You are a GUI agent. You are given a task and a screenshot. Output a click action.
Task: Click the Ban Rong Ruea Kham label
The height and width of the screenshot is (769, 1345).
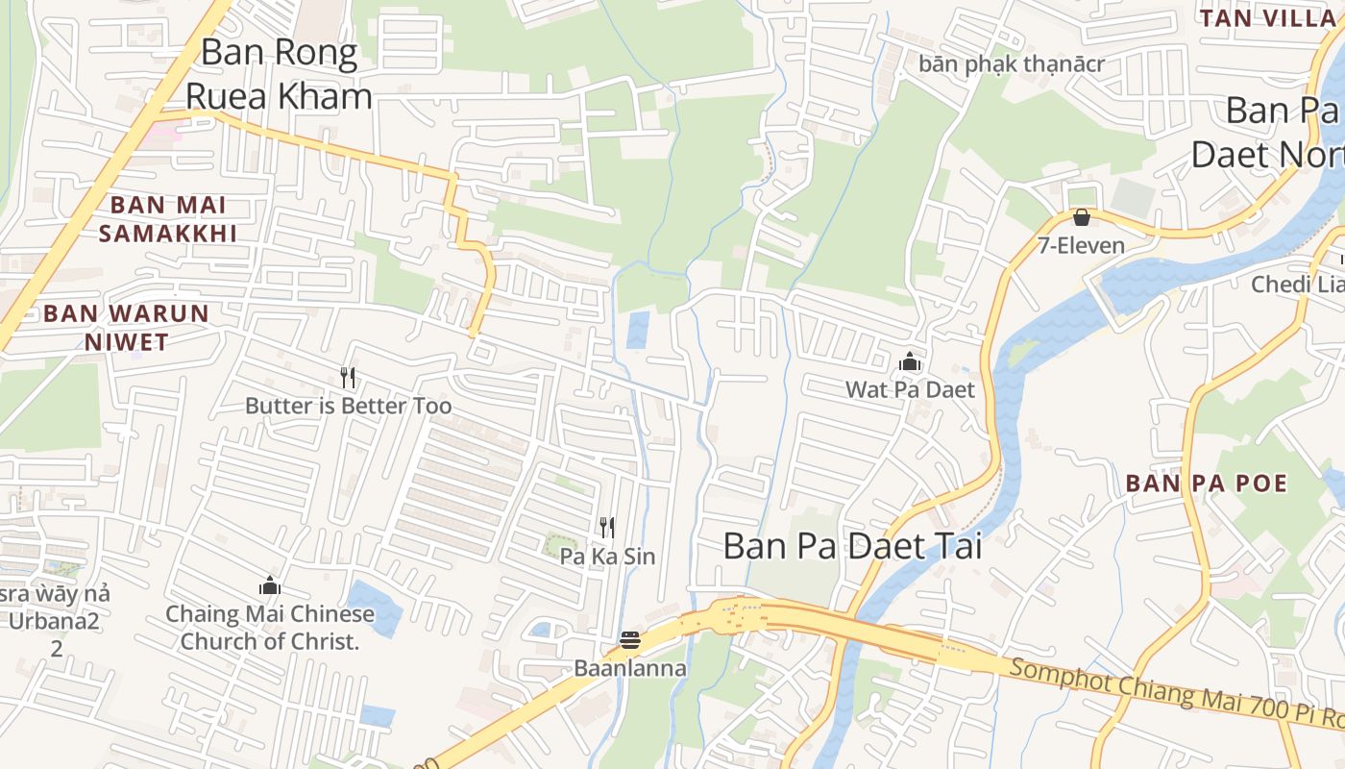pos(279,74)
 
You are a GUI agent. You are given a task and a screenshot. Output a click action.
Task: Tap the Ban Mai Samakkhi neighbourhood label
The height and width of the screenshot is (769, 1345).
pos(168,218)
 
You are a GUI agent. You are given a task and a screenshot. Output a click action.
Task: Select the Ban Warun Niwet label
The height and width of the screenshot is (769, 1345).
pos(126,327)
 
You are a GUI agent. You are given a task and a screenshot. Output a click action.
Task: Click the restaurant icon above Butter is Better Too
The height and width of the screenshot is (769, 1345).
pos(348,378)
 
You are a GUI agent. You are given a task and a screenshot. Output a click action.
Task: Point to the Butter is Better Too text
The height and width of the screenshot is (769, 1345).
pos(348,406)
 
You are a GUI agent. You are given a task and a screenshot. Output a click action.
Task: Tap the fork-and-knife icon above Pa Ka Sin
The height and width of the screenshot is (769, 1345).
pos(607,527)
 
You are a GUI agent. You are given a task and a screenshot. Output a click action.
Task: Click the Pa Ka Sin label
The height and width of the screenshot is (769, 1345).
pos(607,557)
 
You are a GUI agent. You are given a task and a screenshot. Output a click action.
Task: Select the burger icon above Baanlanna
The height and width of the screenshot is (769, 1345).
pos(630,640)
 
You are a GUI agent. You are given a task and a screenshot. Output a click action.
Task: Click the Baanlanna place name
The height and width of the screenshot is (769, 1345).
pos(630,668)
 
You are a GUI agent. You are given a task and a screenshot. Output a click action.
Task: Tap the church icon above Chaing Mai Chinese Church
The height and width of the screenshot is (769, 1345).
pos(270,585)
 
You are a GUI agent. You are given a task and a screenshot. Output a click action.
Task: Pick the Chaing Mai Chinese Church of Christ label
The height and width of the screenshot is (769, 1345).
pos(270,627)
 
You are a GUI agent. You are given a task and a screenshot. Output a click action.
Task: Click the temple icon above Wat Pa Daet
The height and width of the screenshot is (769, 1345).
pos(910,362)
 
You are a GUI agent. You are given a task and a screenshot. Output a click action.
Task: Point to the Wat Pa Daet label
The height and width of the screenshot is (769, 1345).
pos(910,389)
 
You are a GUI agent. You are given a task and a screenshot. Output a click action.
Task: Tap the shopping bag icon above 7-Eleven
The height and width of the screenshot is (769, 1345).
pos(1081,217)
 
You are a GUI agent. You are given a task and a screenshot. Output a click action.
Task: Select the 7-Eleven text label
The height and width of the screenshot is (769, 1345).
pos(1081,245)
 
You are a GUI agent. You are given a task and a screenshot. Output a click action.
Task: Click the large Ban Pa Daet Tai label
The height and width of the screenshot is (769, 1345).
pos(852,546)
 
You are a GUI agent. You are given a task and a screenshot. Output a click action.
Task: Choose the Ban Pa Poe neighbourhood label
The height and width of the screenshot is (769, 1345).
pos(1206,483)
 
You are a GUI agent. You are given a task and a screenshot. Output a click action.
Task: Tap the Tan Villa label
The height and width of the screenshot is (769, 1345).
pos(1267,17)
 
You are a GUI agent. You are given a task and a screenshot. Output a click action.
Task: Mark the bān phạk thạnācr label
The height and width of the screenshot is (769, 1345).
pos(1012,64)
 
